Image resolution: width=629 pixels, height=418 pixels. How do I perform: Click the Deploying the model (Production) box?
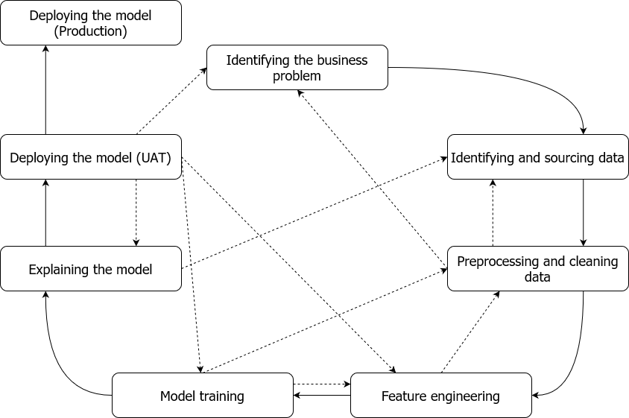point(91,23)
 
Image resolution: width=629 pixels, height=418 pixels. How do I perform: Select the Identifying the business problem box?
point(297,67)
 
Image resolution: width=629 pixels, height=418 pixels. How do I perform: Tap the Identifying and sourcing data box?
point(538,157)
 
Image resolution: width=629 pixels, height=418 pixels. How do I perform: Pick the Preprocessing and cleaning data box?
point(538,269)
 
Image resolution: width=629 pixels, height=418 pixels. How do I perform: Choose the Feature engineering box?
point(441,396)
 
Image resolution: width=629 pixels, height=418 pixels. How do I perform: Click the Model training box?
point(203,396)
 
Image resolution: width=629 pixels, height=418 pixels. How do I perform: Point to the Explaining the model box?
point(91,269)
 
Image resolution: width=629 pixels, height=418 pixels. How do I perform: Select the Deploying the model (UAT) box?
point(91,157)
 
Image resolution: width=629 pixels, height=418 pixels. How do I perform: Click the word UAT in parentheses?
point(154,158)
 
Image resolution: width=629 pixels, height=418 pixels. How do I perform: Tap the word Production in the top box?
point(91,31)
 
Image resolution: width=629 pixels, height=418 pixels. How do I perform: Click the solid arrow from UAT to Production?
point(45,90)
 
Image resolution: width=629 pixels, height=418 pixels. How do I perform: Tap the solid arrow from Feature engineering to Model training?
point(322,396)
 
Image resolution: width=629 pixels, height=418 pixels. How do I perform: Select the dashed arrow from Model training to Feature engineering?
point(322,384)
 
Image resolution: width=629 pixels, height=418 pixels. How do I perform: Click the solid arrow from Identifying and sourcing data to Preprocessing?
point(584,212)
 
